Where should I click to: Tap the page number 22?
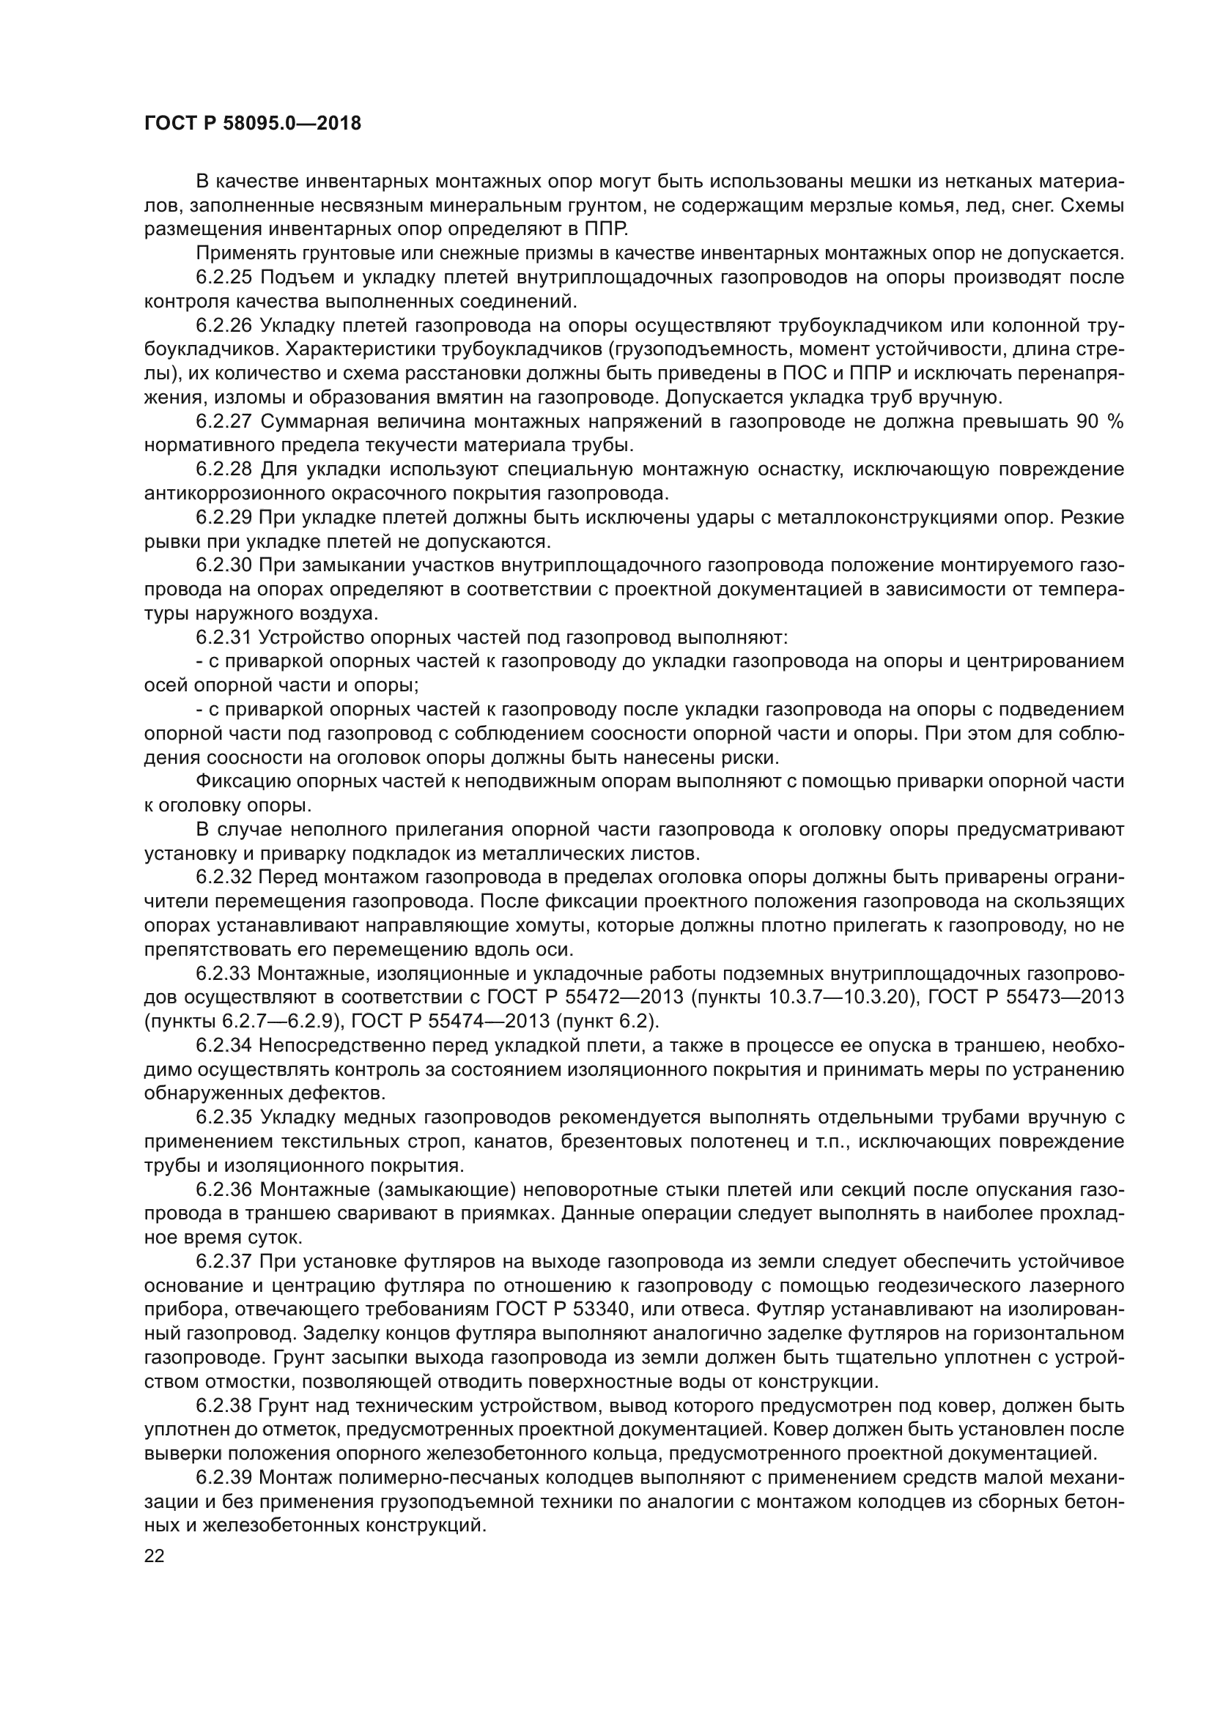pyautogui.click(x=155, y=1556)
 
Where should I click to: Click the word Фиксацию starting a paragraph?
pyautogui.click(x=242, y=781)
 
